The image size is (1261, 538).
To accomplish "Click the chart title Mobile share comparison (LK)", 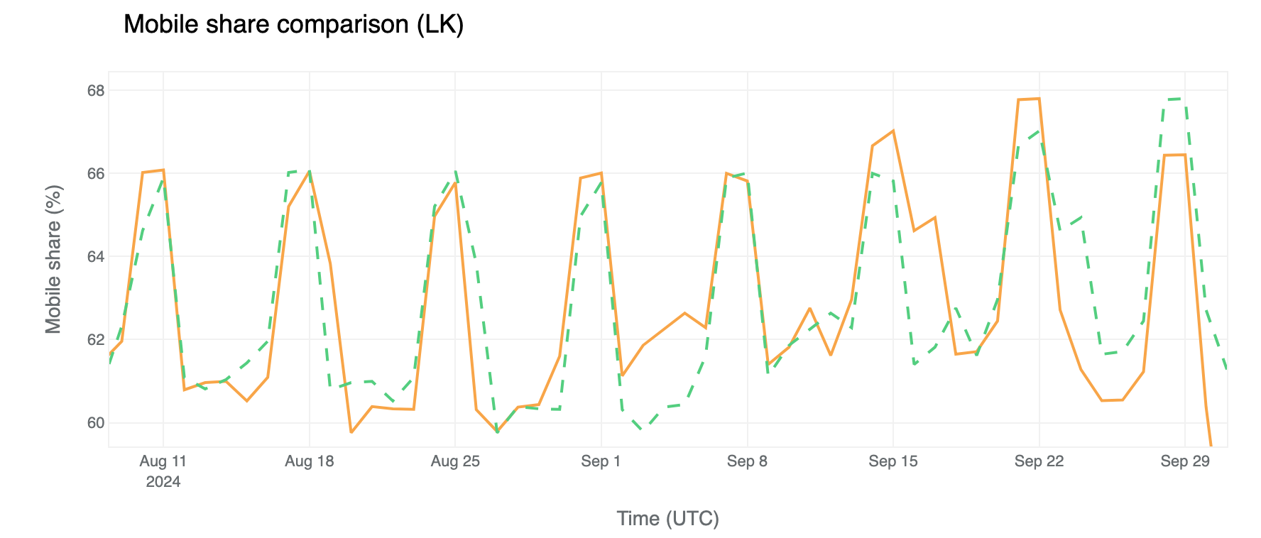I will coord(293,25).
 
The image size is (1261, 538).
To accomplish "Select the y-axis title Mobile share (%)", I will coord(53,259).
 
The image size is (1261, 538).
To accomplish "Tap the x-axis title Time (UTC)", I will coord(667,519).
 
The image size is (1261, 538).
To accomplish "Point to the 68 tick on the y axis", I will coord(95,91).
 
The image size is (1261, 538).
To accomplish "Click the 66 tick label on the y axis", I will coord(95,174).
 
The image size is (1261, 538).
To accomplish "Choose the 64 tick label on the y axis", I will coord(95,257).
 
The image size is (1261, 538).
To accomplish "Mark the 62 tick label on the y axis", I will coord(95,340).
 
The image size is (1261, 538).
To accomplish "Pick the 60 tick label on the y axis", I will coord(95,423).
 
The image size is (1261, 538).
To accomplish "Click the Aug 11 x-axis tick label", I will coord(163,461).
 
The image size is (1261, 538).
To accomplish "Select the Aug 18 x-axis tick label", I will coord(309,461).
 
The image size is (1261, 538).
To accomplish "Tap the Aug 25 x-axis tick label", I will coord(455,461).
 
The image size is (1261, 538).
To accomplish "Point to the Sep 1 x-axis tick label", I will coord(601,461).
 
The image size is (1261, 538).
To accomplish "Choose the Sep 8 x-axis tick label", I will coord(747,461).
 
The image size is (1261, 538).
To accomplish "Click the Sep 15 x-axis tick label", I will coord(893,461).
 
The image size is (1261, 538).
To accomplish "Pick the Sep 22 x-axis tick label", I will coord(1039,461).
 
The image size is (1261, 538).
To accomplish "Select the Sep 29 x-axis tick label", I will coord(1185,461).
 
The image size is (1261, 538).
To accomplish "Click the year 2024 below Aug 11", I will coord(163,483).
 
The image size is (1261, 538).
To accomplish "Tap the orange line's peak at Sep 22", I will coord(1039,99).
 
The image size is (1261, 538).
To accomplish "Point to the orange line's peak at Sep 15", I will coord(893,131).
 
